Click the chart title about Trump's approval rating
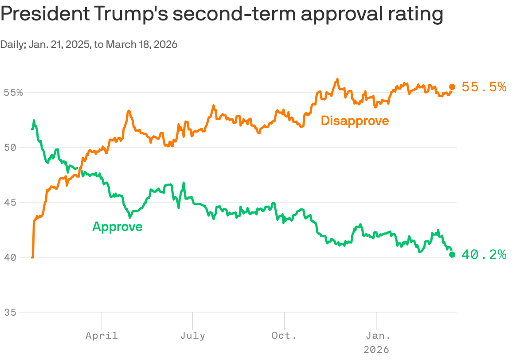pos(222,15)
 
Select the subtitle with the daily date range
pos(89,45)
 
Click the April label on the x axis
pos(102,335)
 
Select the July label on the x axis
pos(193,335)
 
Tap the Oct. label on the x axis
pos(284,335)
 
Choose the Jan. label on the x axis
pos(376,335)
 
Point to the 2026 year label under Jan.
pos(376,349)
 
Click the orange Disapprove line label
pos(355,121)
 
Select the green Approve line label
pos(117,227)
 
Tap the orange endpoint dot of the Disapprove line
pos(452,87)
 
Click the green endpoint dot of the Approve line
pos(452,254)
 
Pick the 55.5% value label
pos(484,87)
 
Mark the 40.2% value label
pos(484,254)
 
